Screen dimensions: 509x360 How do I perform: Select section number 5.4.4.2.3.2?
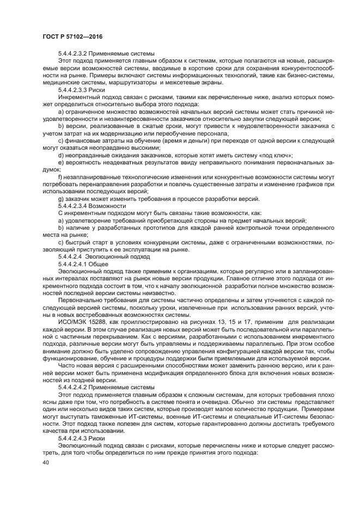click(x=76, y=54)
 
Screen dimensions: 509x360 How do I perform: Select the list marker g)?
click(x=61, y=199)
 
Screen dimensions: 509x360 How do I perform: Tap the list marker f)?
click(x=60, y=178)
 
